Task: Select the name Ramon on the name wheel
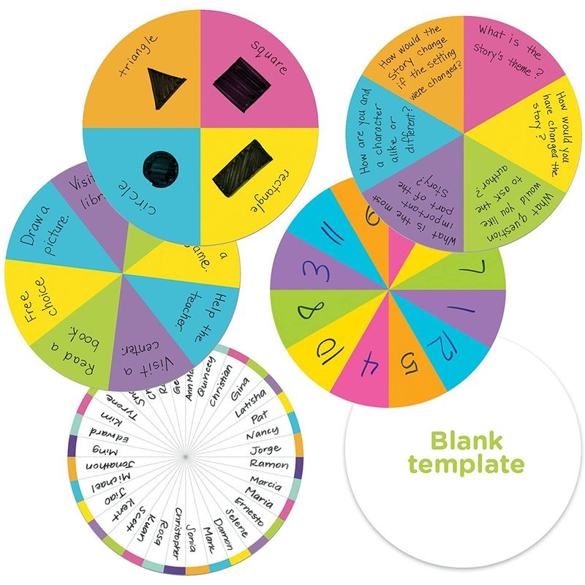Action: tap(268, 464)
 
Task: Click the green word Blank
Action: tap(466, 440)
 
